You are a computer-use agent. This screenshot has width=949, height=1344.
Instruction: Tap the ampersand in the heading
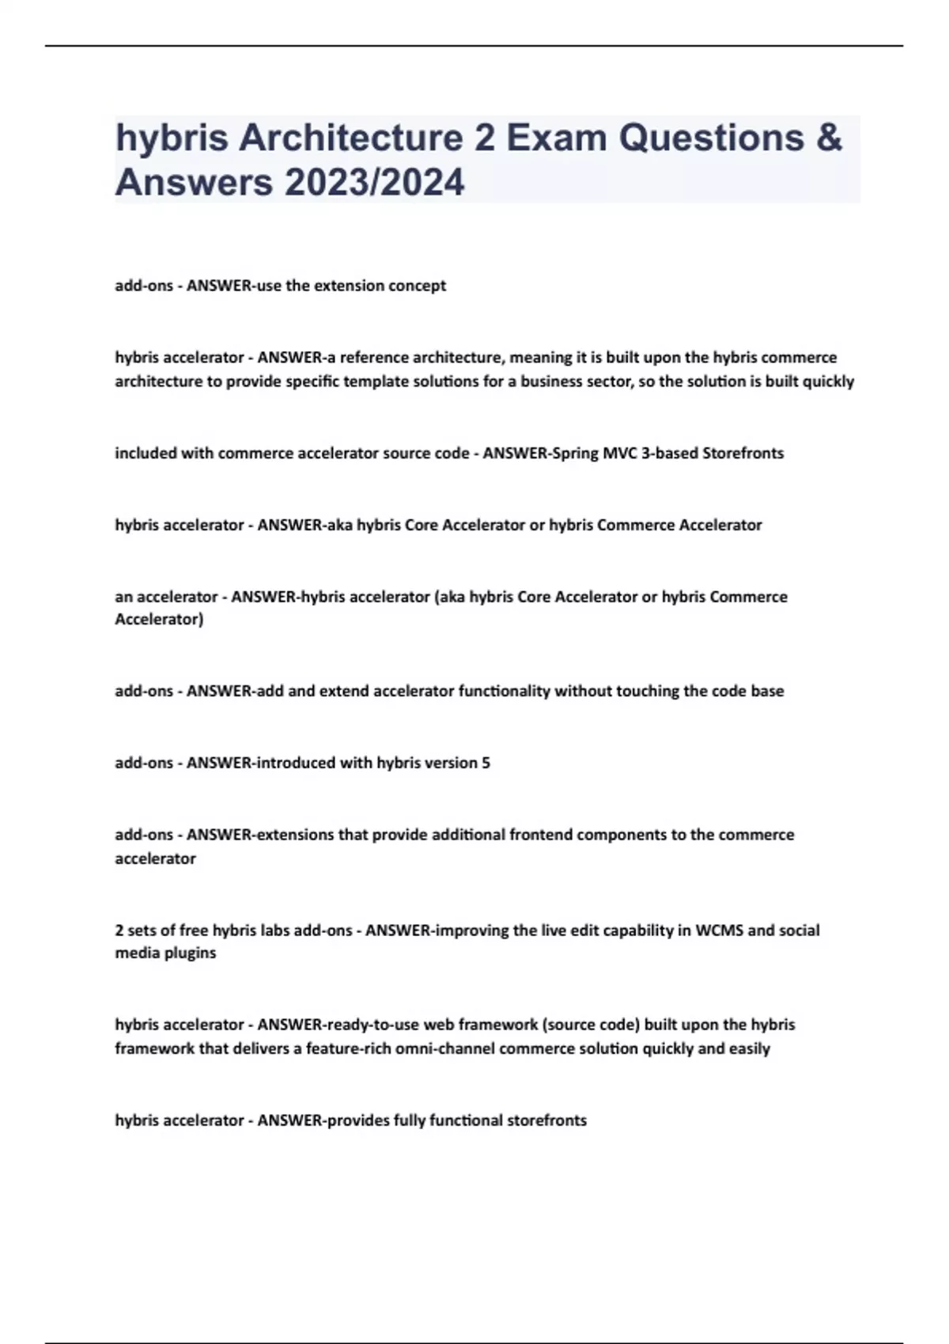828,138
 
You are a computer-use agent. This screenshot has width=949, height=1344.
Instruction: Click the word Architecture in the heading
351,138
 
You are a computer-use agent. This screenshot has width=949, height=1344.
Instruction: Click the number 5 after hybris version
486,763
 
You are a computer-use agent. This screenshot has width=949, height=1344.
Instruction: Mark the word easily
750,1048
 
